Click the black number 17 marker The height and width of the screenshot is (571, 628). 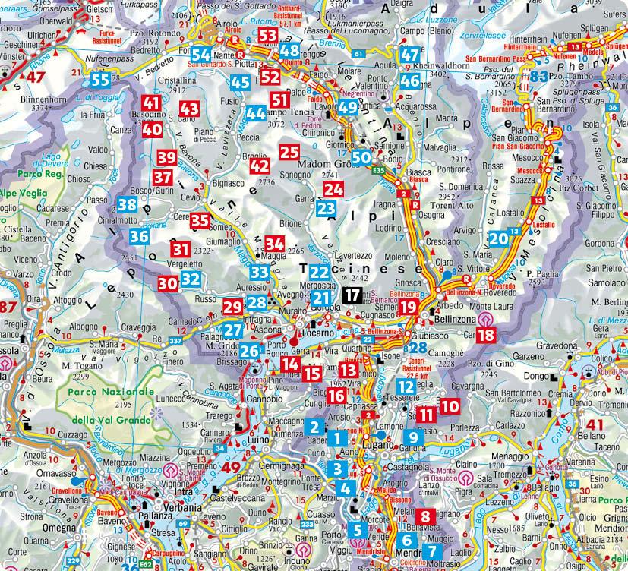pyautogui.click(x=352, y=296)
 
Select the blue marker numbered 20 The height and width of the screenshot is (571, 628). pyautogui.click(x=498, y=238)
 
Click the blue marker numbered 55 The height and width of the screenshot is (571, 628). pyautogui.click(x=100, y=80)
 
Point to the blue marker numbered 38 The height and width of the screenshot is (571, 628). pyautogui.click(x=128, y=203)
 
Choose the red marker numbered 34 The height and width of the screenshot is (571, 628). pyautogui.click(x=275, y=244)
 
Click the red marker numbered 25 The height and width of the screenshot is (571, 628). pyautogui.click(x=289, y=152)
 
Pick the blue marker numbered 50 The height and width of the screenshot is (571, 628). pyautogui.click(x=361, y=157)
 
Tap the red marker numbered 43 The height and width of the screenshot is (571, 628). pyautogui.click(x=189, y=109)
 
